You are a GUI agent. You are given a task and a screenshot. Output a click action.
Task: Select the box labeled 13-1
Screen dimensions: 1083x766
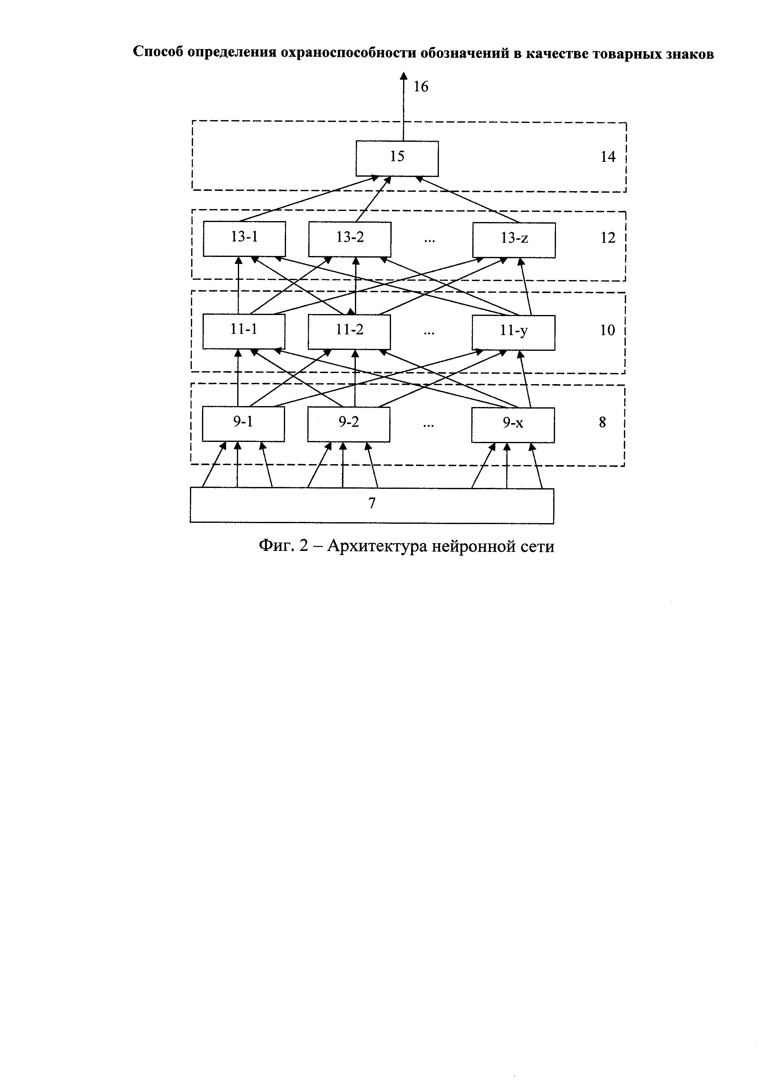[x=244, y=239]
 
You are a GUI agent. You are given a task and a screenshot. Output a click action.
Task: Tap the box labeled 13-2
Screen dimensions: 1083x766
[x=350, y=239]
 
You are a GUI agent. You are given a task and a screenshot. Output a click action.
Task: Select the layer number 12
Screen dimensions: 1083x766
[x=608, y=238]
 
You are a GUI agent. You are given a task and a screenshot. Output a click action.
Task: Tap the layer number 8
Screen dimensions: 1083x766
[x=602, y=423]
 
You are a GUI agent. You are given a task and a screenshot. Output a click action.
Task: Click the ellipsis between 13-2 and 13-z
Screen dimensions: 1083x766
[x=429, y=241]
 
